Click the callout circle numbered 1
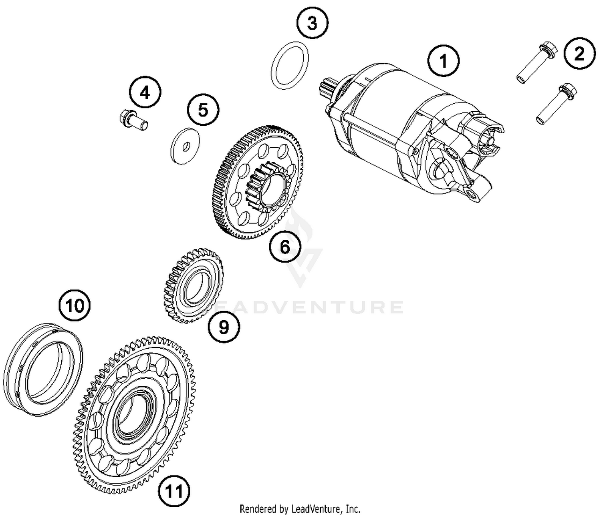coord(443,61)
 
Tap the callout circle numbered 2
coord(579,54)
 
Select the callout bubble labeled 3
coord(312,23)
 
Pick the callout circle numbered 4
coord(145,93)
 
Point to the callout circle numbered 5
coord(203,109)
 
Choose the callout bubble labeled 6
coord(284,247)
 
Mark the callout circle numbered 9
coord(224,327)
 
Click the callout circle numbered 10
coord(75,306)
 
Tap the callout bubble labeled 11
coord(174,491)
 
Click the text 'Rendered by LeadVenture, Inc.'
coord(300,509)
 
